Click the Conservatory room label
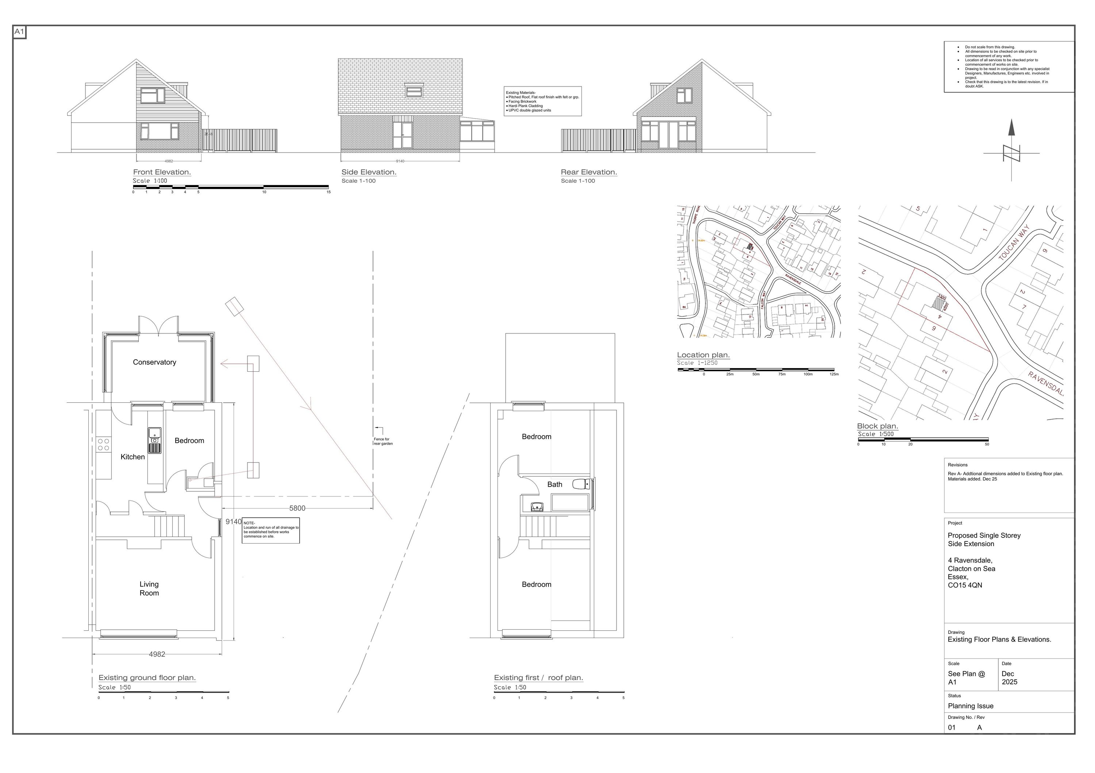(x=154, y=362)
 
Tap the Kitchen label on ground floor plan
(x=132, y=457)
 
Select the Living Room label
(x=149, y=588)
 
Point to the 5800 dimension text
(x=297, y=509)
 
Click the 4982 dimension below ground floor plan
(x=157, y=655)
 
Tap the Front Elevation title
(x=162, y=172)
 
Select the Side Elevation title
(x=369, y=172)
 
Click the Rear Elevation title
(x=588, y=172)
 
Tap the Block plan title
(x=877, y=426)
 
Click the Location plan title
(x=703, y=355)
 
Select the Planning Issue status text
(x=971, y=706)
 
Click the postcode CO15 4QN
(x=965, y=585)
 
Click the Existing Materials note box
(x=543, y=101)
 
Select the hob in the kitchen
(x=104, y=445)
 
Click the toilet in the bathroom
(x=581, y=484)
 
